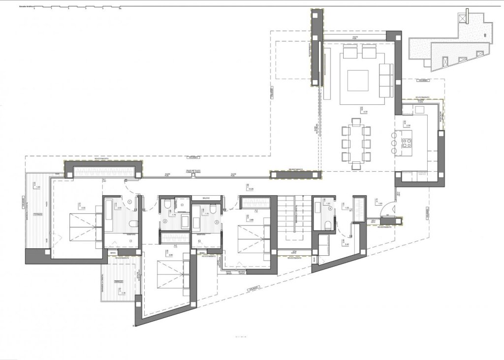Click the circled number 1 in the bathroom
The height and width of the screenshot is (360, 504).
[x=129, y=201]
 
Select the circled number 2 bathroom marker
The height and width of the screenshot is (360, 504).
[x=165, y=221]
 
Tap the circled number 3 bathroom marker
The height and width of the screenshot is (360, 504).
[x=216, y=221]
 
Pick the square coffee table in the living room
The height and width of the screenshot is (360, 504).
[x=358, y=81]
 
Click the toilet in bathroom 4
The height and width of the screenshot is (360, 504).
[x=328, y=225]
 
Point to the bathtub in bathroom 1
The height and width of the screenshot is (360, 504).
[x=109, y=215]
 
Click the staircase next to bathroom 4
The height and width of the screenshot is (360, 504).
[x=295, y=221]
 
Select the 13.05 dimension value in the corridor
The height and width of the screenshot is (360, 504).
[x=251, y=189]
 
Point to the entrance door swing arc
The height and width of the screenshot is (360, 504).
[x=389, y=210]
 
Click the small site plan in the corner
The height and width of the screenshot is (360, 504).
[x=450, y=42]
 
